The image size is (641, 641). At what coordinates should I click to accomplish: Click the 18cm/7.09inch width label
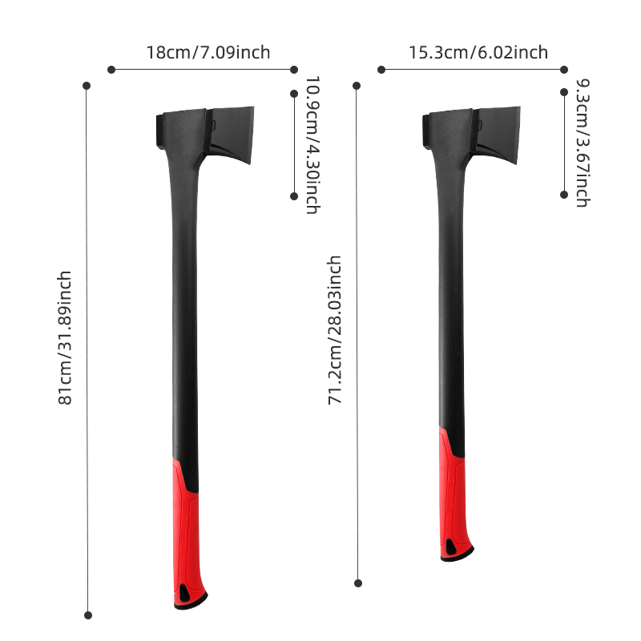pyautogui.click(x=208, y=53)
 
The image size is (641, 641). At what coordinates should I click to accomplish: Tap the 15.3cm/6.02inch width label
pyautogui.click(x=478, y=53)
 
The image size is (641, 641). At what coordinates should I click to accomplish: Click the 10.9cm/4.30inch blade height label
pyautogui.click(x=312, y=144)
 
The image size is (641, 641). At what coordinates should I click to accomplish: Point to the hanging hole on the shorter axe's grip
pyautogui.click(x=454, y=548)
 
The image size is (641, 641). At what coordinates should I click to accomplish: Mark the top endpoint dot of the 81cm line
pyautogui.click(x=87, y=85)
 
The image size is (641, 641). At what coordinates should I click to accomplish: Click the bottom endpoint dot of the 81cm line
pyautogui.click(x=88, y=615)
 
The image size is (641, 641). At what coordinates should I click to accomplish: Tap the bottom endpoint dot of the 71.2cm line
pyautogui.click(x=358, y=583)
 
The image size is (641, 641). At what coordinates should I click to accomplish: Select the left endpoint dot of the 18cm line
pyautogui.click(x=111, y=70)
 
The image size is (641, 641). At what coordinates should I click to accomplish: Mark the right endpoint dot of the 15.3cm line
pyautogui.click(x=564, y=70)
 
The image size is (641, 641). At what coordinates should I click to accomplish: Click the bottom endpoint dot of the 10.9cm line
pyautogui.click(x=294, y=196)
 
